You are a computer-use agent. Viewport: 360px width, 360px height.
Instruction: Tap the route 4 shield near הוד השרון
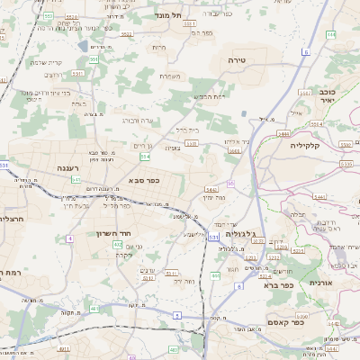tap(69, 238)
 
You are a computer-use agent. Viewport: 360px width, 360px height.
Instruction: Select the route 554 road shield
tap(144, 156)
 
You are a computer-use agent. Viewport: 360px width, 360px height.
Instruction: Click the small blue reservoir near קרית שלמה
tap(84, 45)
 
